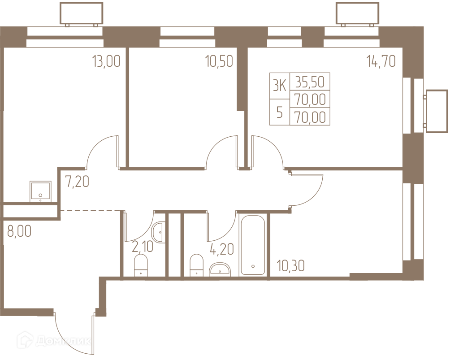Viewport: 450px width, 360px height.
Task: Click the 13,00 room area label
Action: tap(106, 61)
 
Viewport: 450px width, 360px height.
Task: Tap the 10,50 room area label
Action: tap(219, 61)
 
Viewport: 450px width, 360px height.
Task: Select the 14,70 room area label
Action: tap(381, 61)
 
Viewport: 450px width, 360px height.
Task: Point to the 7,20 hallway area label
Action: tap(77, 181)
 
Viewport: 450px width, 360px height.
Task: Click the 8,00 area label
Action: tap(19, 231)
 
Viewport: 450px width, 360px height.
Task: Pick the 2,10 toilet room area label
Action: tap(143, 247)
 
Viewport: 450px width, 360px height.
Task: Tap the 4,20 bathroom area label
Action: tap(222, 249)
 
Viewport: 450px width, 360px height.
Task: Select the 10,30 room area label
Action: tap(291, 265)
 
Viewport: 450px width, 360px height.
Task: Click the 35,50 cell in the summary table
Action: tap(310, 82)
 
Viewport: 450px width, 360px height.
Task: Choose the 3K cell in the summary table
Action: tap(280, 86)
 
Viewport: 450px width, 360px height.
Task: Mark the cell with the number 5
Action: tap(280, 112)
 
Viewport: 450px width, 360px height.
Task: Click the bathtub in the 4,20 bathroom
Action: tap(253, 245)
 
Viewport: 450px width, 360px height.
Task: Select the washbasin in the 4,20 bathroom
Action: tap(220, 269)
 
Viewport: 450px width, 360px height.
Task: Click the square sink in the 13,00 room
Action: tap(40, 191)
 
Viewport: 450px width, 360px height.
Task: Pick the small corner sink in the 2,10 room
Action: tap(159, 232)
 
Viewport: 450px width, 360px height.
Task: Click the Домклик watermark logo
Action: tap(54, 341)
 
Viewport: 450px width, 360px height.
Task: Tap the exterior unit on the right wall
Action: tap(437, 111)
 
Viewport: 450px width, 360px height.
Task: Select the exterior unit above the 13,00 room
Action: tap(81, 14)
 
